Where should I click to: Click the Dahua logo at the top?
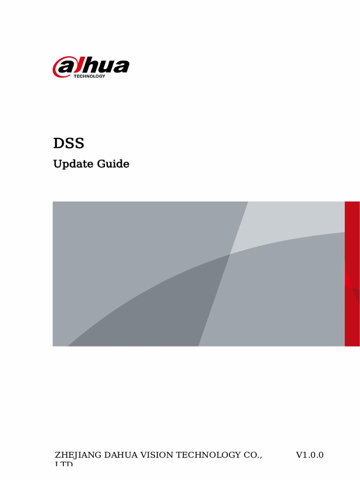pyautogui.click(x=90, y=67)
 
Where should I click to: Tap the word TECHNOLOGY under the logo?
pyautogui.click(x=90, y=76)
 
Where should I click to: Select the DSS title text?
pyautogui.click(x=68, y=143)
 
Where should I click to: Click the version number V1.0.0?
pyautogui.click(x=309, y=455)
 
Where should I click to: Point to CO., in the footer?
pyautogui.click(x=253, y=455)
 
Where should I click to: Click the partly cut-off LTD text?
pyautogui.click(x=64, y=464)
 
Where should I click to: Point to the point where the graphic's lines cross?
pyautogui.click(x=230, y=254)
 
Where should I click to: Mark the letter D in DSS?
pyautogui.click(x=58, y=143)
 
